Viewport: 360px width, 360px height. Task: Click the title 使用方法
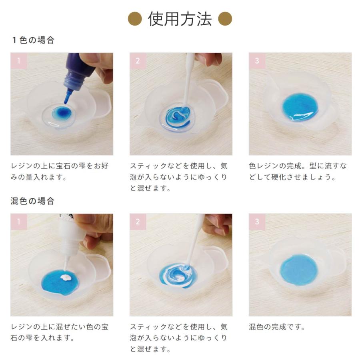180,19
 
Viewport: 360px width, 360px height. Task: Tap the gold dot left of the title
135,19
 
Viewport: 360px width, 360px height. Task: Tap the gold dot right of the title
225,19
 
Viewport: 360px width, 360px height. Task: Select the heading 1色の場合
33,40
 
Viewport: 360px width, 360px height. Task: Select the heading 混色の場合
32,201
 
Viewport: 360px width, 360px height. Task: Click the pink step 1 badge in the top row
19,61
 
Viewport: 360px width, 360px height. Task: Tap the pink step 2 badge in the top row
138,61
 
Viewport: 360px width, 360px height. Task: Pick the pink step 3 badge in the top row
257,61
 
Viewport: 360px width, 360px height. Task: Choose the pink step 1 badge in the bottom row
19,222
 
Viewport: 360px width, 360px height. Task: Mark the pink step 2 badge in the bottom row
138,222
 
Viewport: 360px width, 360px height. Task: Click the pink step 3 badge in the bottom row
257,222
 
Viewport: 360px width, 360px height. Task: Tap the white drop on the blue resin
66,278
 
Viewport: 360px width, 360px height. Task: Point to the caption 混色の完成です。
277,327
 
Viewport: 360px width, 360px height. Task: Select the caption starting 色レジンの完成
298,171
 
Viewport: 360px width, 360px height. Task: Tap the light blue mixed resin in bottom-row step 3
299,269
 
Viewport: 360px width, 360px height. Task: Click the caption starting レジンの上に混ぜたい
59,332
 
